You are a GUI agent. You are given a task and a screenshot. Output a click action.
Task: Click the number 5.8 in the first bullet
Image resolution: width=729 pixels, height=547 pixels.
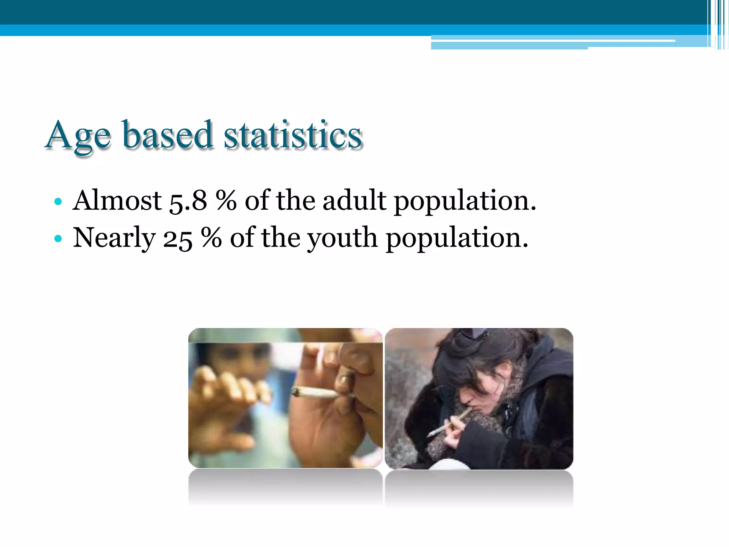click(188, 201)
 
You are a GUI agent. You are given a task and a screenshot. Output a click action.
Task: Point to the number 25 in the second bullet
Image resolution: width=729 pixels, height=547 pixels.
click(178, 239)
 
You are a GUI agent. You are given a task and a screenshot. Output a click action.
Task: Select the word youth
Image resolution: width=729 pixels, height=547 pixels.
click(342, 239)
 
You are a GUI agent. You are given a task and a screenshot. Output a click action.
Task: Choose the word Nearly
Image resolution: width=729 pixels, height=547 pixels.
click(114, 239)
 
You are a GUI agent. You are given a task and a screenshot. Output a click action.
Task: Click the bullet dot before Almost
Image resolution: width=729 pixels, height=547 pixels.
click(58, 202)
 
